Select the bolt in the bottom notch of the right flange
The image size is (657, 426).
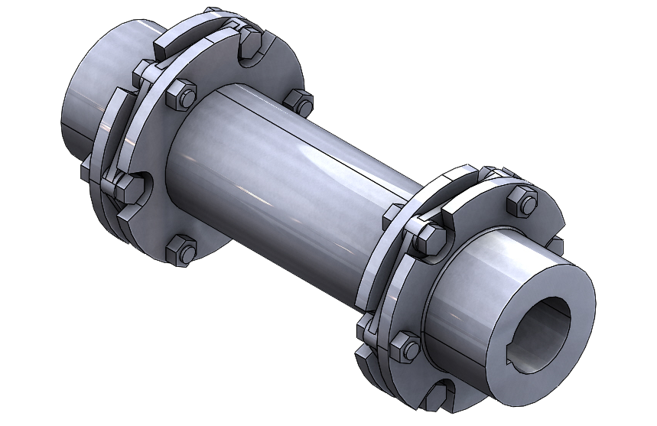436,398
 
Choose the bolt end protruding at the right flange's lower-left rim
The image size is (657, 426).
365,330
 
